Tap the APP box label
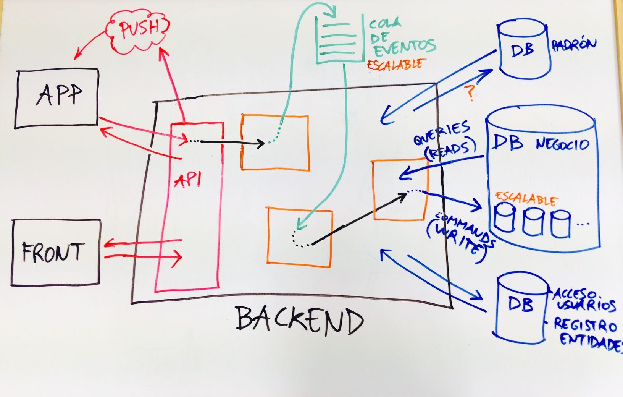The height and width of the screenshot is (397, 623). click(x=59, y=95)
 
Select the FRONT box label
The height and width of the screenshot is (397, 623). click(x=53, y=253)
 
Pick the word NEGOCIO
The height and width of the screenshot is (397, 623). click(x=562, y=144)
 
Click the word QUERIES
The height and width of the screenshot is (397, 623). click(x=442, y=133)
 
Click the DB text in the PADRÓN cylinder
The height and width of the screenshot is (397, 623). click(x=523, y=50)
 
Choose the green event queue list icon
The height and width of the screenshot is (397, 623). click(x=339, y=39)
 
